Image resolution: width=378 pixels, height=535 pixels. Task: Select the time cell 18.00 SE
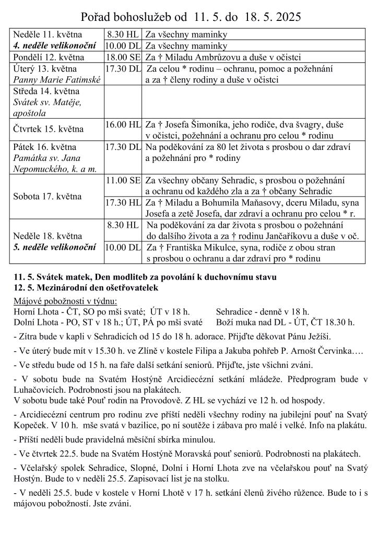(x=123, y=57)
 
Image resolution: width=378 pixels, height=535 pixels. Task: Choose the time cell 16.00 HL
(x=123, y=124)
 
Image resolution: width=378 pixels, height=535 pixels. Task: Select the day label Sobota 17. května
(x=48, y=196)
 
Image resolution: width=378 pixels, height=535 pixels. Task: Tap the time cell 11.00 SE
(x=123, y=180)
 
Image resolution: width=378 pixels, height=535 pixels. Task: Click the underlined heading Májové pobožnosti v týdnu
(x=65, y=301)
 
